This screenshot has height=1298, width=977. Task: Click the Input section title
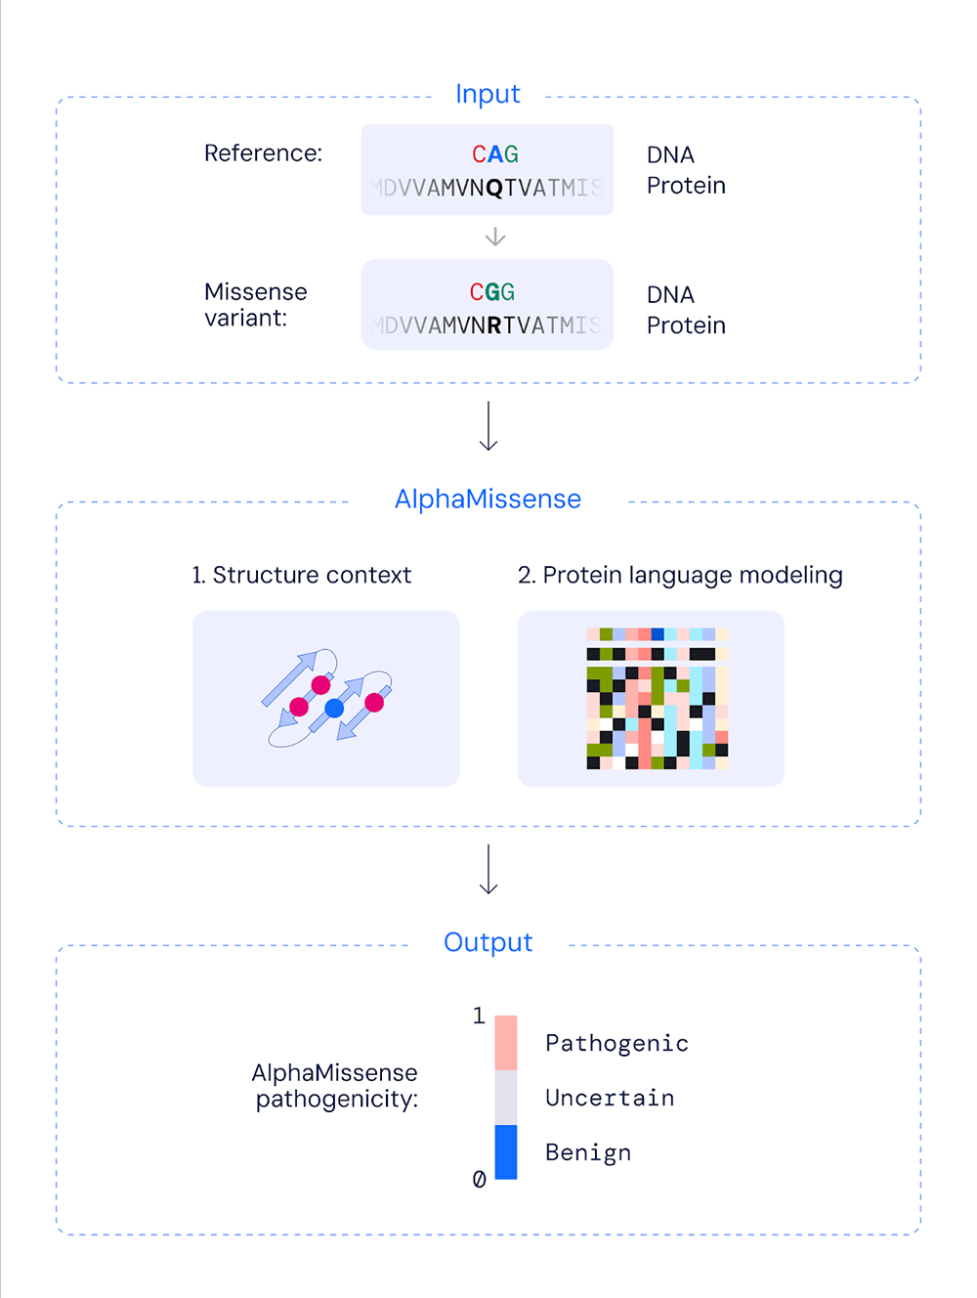[x=488, y=94]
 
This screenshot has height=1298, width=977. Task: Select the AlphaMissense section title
[x=488, y=498]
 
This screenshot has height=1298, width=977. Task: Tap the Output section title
[x=488, y=942]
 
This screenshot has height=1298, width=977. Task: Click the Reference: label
[x=263, y=153]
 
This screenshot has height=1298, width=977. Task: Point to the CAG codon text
[x=495, y=154]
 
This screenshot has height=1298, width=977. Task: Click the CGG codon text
[x=492, y=292]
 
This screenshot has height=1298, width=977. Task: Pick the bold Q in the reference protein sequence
[x=493, y=188]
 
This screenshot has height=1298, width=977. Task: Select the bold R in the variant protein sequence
[x=493, y=325]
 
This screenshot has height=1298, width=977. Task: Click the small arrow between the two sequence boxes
[x=495, y=237]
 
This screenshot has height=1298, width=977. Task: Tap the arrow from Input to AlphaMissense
[x=488, y=426]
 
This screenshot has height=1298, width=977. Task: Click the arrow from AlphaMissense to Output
[x=488, y=870]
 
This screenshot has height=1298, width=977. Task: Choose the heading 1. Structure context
[x=301, y=575]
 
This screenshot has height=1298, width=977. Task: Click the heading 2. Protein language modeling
[x=680, y=575]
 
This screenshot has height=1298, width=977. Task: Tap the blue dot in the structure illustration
[x=334, y=708]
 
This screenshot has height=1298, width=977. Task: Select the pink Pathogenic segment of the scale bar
[x=506, y=1043]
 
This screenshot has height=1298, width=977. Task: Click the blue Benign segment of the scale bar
[x=506, y=1151]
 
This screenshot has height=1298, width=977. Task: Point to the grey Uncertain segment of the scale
[x=506, y=1098]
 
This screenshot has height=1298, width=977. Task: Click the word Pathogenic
[x=616, y=1044]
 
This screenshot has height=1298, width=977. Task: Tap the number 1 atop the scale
[x=479, y=1017]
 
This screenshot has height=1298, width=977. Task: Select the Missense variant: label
[x=255, y=305]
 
